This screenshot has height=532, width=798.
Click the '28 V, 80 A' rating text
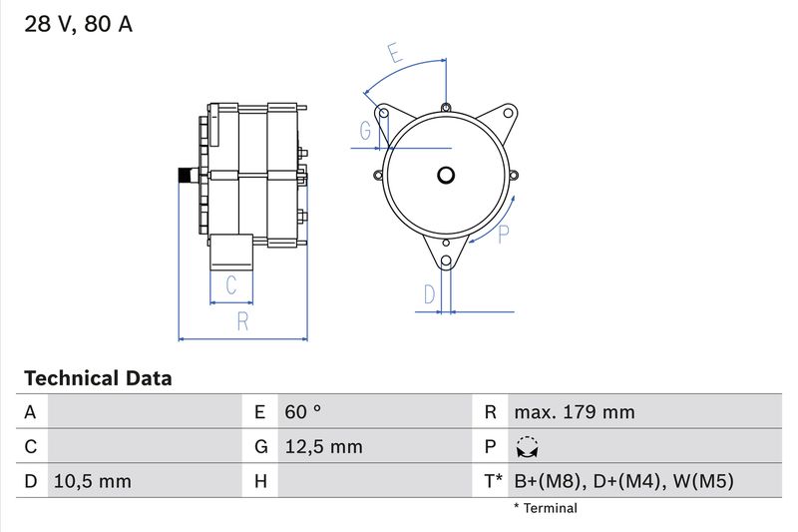click(78, 25)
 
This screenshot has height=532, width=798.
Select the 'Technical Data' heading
click(98, 378)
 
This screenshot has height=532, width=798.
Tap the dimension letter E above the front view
click(396, 54)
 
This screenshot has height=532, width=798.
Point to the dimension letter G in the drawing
click(366, 131)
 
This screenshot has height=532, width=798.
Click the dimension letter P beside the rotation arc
click(505, 234)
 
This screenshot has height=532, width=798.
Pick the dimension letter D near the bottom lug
click(429, 294)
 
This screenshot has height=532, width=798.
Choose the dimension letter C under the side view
click(231, 285)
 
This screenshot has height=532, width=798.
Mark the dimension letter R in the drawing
click(242, 321)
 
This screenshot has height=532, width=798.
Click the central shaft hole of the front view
click(446, 176)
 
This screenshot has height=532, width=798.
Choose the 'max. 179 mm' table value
click(574, 411)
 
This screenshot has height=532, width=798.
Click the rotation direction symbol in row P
click(527, 447)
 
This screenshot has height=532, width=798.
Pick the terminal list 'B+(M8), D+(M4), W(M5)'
click(623, 481)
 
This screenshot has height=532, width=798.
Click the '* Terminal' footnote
click(545, 508)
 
